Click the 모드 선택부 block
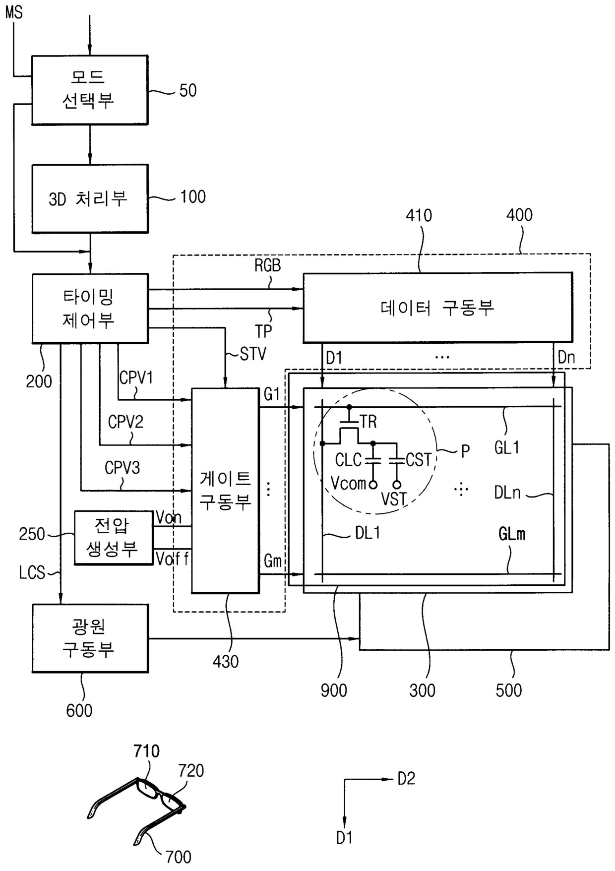(90, 90)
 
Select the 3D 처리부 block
(90, 198)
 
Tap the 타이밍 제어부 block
(90, 308)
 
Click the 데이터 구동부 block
(437, 308)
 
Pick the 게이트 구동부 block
(225, 490)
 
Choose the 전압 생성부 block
(113, 537)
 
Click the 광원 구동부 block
(90, 638)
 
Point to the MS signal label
(14, 12)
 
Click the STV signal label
(253, 354)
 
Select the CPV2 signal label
(125, 422)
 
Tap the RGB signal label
(267, 265)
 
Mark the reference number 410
(419, 215)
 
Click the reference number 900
(333, 690)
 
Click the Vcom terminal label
(348, 483)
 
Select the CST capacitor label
(419, 460)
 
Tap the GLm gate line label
(511, 534)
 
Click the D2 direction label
(406, 779)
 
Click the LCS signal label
(32, 573)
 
